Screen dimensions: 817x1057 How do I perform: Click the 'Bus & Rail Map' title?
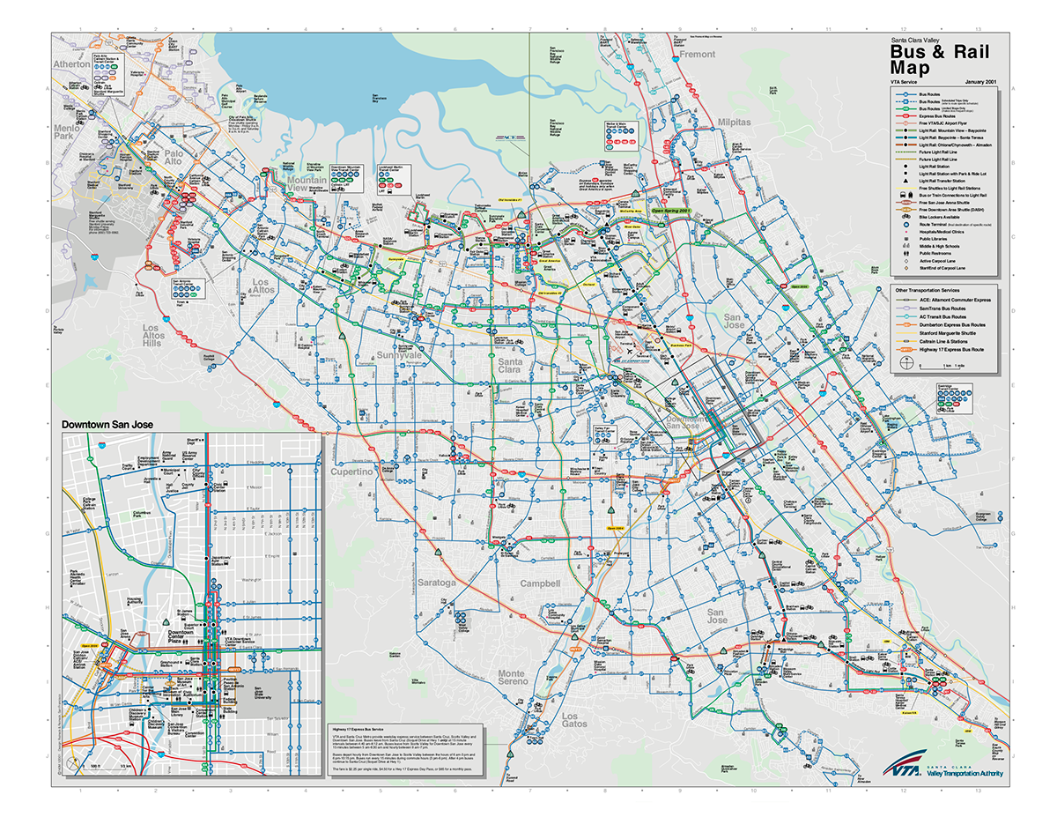937,59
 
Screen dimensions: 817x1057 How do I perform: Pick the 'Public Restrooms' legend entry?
934,253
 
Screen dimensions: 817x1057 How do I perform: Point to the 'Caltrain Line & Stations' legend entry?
948,342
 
